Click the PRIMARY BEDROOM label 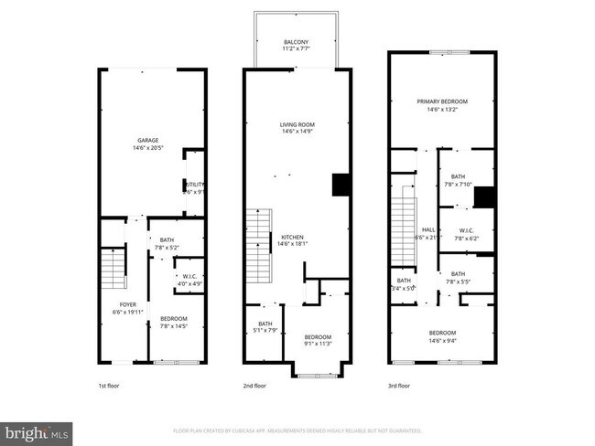click(x=442, y=101)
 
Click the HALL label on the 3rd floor click(x=427, y=229)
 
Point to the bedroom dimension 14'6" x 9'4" click(x=442, y=340)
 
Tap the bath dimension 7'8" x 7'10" click(x=458, y=184)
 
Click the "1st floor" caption click(x=108, y=386)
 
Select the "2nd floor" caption click(x=254, y=386)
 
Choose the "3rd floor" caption click(x=399, y=386)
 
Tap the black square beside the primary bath click(x=485, y=197)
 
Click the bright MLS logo click(x=37, y=430)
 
